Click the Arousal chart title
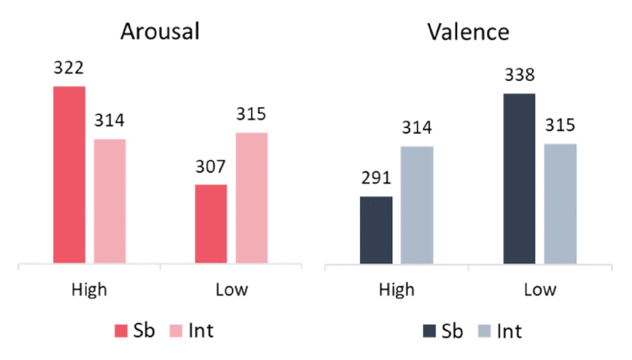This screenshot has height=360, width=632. point(160,32)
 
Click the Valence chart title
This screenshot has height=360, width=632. point(469,32)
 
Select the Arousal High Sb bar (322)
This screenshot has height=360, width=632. point(69,175)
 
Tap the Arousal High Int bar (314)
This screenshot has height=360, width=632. point(109,202)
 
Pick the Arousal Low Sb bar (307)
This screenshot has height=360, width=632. point(210,224)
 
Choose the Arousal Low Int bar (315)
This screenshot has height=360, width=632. point(252,198)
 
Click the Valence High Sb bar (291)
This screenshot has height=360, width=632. point(376,230)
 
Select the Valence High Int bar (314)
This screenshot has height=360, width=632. point(417,205)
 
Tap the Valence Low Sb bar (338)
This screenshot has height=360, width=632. point(519,180)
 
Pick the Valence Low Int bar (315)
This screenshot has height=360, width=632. point(560,204)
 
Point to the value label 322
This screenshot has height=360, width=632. point(69,69)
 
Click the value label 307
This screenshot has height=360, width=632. point(210,167)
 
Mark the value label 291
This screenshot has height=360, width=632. point(376,179)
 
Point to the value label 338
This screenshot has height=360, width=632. point(519,76)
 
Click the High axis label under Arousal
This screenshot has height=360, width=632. point(89,291)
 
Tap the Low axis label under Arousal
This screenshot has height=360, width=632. point(231,291)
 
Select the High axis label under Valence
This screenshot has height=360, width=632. point(396,291)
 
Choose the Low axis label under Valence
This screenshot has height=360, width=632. point(540,291)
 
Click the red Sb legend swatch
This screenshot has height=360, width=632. point(121,331)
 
